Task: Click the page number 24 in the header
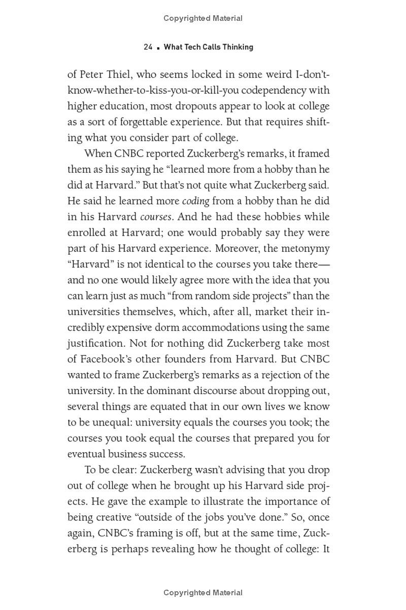pyautogui.click(x=148, y=47)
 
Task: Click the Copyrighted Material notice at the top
pyautogui.click(x=203, y=18)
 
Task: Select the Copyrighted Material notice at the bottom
pyautogui.click(x=203, y=593)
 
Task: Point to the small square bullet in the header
pyautogui.click(x=158, y=47)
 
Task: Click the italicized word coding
pyautogui.click(x=195, y=201)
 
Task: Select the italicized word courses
pyautogui.click(x=156, y=217)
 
